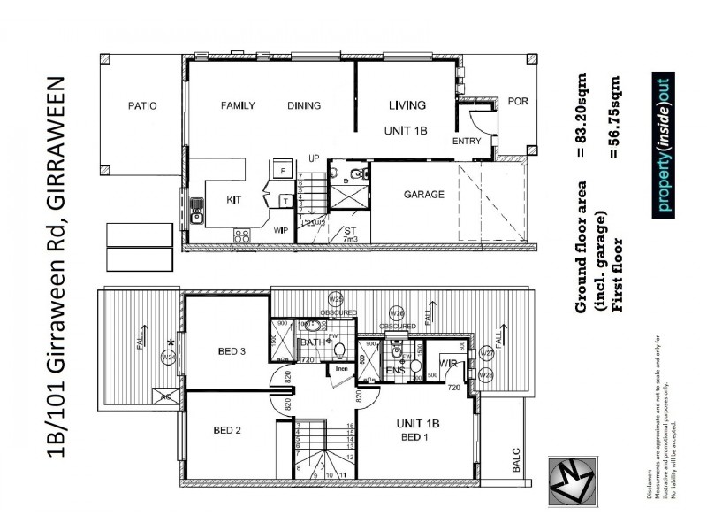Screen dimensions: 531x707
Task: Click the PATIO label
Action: pyautogui.click(x=141, y=106)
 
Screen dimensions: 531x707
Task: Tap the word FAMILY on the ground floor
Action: pyautogui.click(x=237, y=106)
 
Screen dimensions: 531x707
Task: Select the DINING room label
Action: pyautogui.click(x=304, y=106)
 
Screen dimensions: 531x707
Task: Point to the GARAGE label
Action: pyautogui.click(x=424, y=195)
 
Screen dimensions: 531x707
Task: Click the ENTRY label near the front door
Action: pyautogui.click(x=466, y=142)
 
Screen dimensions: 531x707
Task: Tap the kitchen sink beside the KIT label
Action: pyautogui.click(x=196, y=212)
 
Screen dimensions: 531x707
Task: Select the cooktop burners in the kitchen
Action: pyautogui.click(x=240, y=235)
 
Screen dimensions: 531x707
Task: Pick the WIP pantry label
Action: pyautogui.click(x=281, y=230)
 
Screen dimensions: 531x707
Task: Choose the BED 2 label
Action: pyautogui.click(x=229, y=431)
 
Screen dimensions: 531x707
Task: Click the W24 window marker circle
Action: pyautogui.click(x=168, y=357)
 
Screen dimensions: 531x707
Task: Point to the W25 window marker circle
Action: pyautogui.click(x=335, y=298)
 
